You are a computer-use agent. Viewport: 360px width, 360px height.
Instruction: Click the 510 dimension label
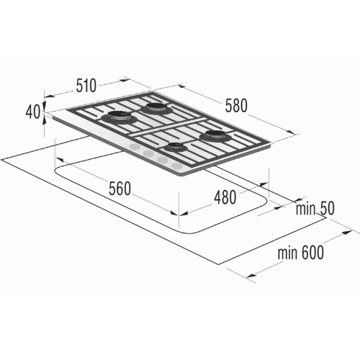pos(86,86)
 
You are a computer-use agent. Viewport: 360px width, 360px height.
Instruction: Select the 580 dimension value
pos(236,106)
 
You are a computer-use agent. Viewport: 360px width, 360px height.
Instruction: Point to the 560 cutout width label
pos(120,189)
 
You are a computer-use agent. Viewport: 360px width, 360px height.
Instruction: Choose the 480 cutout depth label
pos(225,197)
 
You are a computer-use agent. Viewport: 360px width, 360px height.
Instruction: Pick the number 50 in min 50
pos(326,208)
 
